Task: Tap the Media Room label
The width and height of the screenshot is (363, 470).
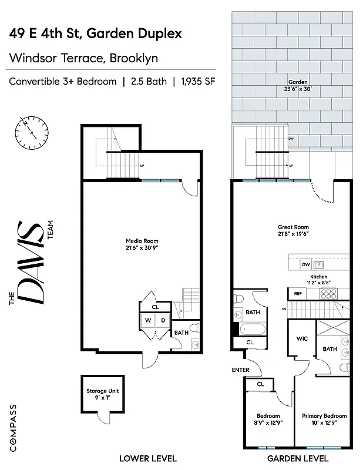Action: (142, 241)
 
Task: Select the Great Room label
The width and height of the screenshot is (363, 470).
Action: (293, 227)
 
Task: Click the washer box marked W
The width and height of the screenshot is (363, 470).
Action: (149, 320)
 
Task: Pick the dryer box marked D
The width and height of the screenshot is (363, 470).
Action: (163, 320)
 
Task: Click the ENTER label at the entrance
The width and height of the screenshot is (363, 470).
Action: (240, 370)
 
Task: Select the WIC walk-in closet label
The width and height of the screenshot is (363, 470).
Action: (302, 339)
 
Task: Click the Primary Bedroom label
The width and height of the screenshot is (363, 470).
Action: (324, 416)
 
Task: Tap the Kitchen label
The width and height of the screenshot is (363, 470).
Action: (318, 277)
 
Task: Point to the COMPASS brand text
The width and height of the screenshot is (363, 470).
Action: (12, 425)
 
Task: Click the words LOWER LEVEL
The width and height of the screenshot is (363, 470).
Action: (147, 458)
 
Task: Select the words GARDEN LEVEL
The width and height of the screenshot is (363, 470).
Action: (297, 458)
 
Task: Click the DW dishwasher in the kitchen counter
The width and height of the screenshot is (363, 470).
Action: (305, 264)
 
